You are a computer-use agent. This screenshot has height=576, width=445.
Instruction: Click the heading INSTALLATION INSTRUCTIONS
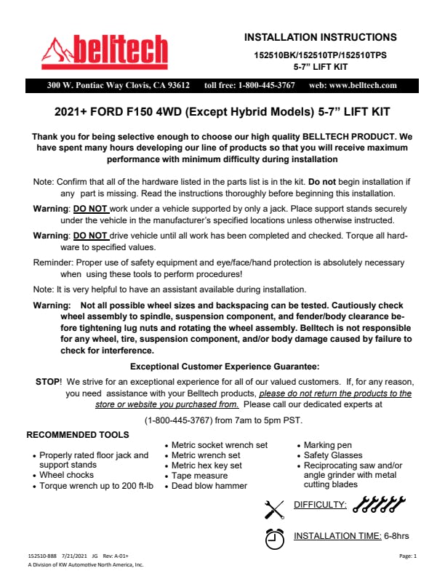320,37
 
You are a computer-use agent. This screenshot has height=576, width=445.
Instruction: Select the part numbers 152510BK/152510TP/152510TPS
320,55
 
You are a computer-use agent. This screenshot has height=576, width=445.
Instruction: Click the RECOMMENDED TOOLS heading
78,435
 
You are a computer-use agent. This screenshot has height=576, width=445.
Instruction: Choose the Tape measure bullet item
199,476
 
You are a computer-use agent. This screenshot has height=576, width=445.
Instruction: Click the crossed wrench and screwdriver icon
274,508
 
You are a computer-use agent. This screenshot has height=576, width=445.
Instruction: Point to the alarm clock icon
274,538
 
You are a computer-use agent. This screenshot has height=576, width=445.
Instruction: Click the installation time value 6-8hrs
397,536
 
